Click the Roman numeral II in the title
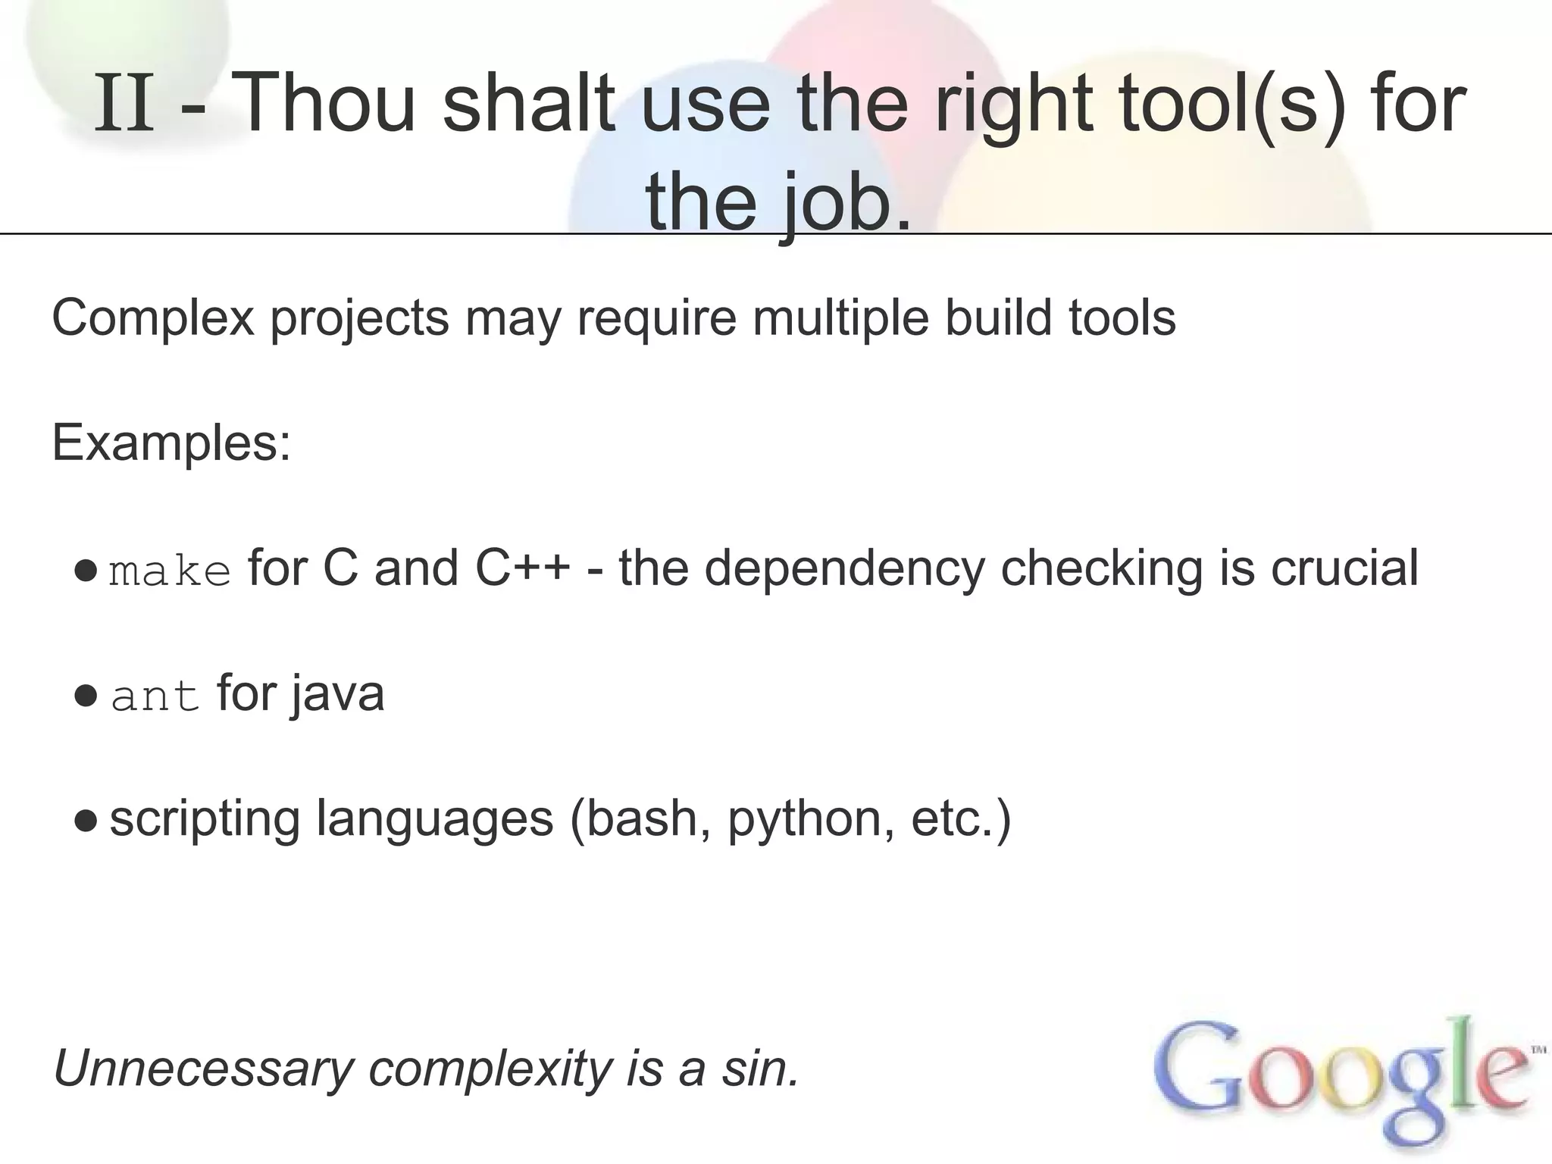(125, 105)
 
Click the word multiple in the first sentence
(840, 318)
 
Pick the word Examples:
(171, 443)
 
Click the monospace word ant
(155, 696)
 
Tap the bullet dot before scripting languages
(86, 821)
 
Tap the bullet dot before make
(86, 570)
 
